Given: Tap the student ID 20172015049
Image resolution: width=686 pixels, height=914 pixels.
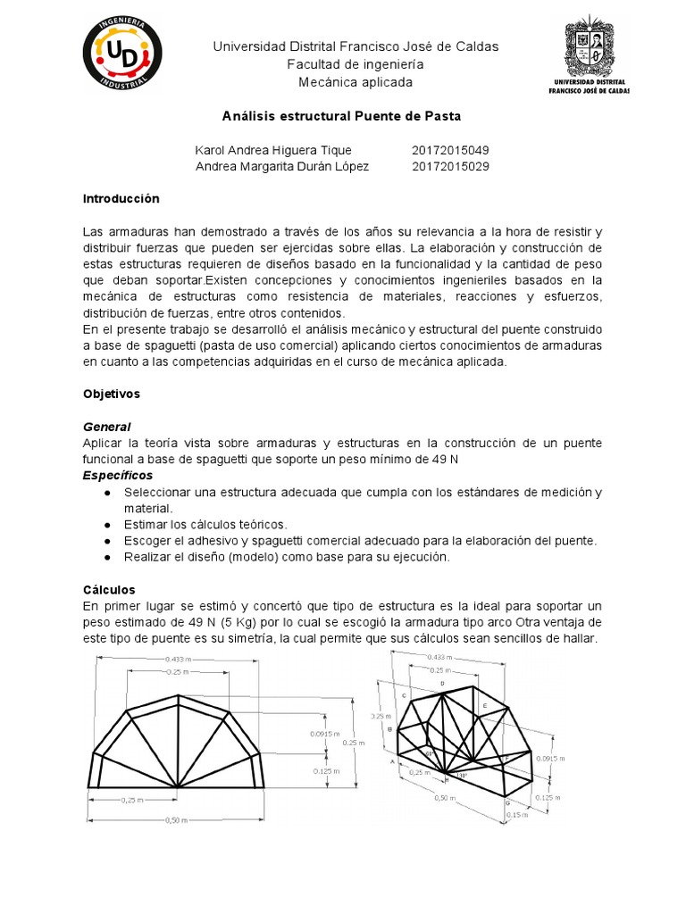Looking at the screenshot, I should pyautogui.click(x=450, y=150).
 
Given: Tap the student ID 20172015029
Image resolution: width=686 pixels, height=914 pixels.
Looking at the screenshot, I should pyautogui.click(x=450, y=167).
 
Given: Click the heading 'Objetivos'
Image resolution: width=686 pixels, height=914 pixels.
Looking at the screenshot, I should pyautogui.click(x=111, y=393).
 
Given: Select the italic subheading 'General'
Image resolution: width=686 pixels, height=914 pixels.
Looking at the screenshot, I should pyautogui.click(x=106, y=427).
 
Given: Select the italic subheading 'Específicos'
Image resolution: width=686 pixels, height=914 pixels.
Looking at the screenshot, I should pyautogui.click(x=117, y=475).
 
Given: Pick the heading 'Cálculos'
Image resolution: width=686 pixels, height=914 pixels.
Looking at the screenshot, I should pyautogui.click(x=109, y=590).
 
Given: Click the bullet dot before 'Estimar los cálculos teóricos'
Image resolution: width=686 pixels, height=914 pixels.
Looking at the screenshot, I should pyautogui.click(x=107, y=525).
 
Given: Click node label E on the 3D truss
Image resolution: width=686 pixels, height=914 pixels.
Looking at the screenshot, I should pyautogui.click(x=485, y=706).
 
